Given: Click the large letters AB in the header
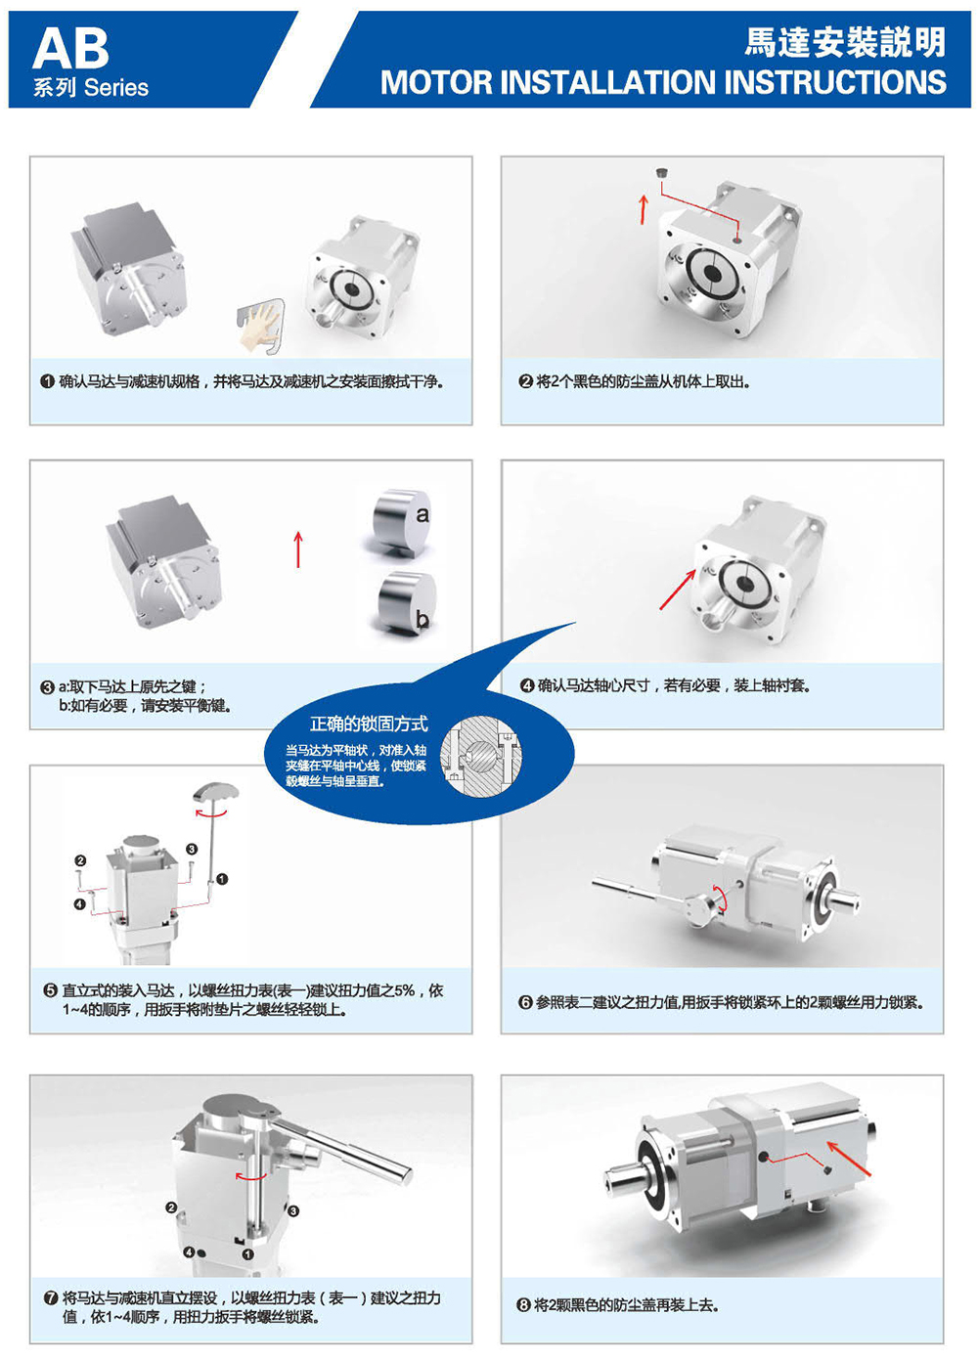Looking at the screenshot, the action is [70, 49].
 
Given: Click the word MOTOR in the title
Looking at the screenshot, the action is [435, 82].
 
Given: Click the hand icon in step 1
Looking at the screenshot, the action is [259, 326].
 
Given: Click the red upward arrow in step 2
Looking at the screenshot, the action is [644, 209].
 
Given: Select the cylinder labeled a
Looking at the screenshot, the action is [402, 521].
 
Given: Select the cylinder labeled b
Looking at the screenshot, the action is [407, 603].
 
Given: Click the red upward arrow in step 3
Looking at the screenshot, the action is [298, 549].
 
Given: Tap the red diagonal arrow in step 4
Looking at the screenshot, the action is [678, 589].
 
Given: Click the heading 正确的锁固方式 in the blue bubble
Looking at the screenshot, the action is [369, 724].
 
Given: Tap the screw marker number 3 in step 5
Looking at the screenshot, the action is [192, 849].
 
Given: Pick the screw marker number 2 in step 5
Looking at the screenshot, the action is [81, 860].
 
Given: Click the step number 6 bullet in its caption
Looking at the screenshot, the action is [525, 1002].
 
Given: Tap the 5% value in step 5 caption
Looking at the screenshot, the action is [404, 990].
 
